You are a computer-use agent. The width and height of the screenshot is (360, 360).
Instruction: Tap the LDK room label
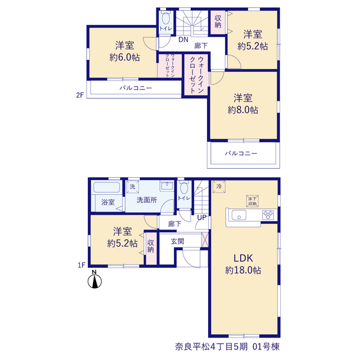click(243, 258)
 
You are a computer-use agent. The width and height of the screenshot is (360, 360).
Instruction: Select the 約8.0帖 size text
click(243, 110)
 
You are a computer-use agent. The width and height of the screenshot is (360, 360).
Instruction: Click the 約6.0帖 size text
click(124, 57)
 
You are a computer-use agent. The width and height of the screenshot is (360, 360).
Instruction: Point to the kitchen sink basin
click(239, 215)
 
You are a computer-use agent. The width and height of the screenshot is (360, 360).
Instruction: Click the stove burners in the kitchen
click(268, 215)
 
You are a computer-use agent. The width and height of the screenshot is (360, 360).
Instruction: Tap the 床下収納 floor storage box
click(253, 201)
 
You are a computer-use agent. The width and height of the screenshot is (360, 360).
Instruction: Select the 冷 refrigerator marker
click(219, 186)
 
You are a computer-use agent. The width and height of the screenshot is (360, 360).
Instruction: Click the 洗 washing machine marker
click(133, 187)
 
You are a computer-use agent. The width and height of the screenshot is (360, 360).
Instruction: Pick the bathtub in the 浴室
click(106, 187)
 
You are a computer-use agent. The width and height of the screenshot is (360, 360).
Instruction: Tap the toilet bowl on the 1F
click(184, 187)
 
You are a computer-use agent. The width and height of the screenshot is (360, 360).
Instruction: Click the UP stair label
click(202, 217)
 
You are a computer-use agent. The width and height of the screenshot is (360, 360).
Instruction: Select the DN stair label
click(183, 40)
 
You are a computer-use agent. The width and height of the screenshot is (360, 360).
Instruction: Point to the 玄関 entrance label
click(178, 241)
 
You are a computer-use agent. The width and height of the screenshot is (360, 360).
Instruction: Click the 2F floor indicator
click(80, 95)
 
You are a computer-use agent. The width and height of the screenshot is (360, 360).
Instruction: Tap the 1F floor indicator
click(82, 265)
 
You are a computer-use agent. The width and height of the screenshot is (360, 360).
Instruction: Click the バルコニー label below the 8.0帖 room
click(241, 153)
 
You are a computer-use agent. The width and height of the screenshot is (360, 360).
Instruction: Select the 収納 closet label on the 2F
click(218, 21)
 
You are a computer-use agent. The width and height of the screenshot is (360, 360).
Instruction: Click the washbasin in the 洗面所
click(167, 186)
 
